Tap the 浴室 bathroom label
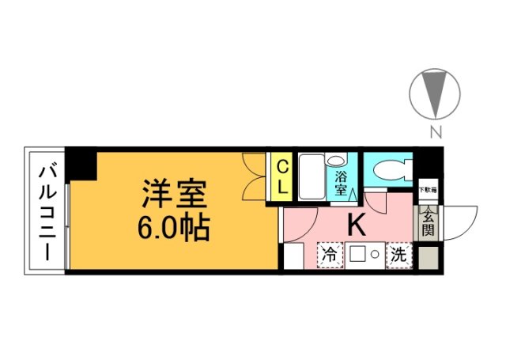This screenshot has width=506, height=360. [x=342, y=184]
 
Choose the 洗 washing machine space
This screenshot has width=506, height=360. [x=400, y=255]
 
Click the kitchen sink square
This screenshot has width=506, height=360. [x=358, y=255]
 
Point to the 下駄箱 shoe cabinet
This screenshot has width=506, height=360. [x=427, y=190]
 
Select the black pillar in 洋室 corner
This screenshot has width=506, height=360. [x=81, y=164]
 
